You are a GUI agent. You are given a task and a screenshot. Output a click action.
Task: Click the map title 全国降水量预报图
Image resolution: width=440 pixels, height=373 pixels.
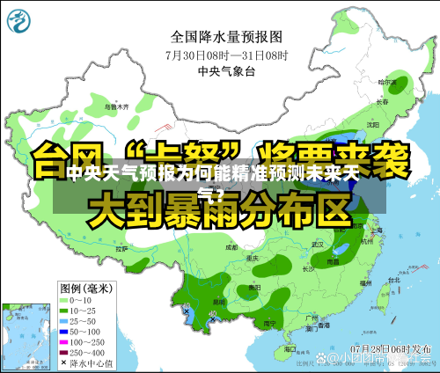click(x=226, y=37)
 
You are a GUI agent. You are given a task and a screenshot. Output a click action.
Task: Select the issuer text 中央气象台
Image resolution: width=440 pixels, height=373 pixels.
click(x=226, y=69)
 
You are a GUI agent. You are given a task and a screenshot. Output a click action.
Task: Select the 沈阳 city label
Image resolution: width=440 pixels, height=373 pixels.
click(x=373, y=124)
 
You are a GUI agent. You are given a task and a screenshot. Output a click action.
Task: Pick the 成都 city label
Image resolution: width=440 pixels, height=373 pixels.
click(x=231, y=249)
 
